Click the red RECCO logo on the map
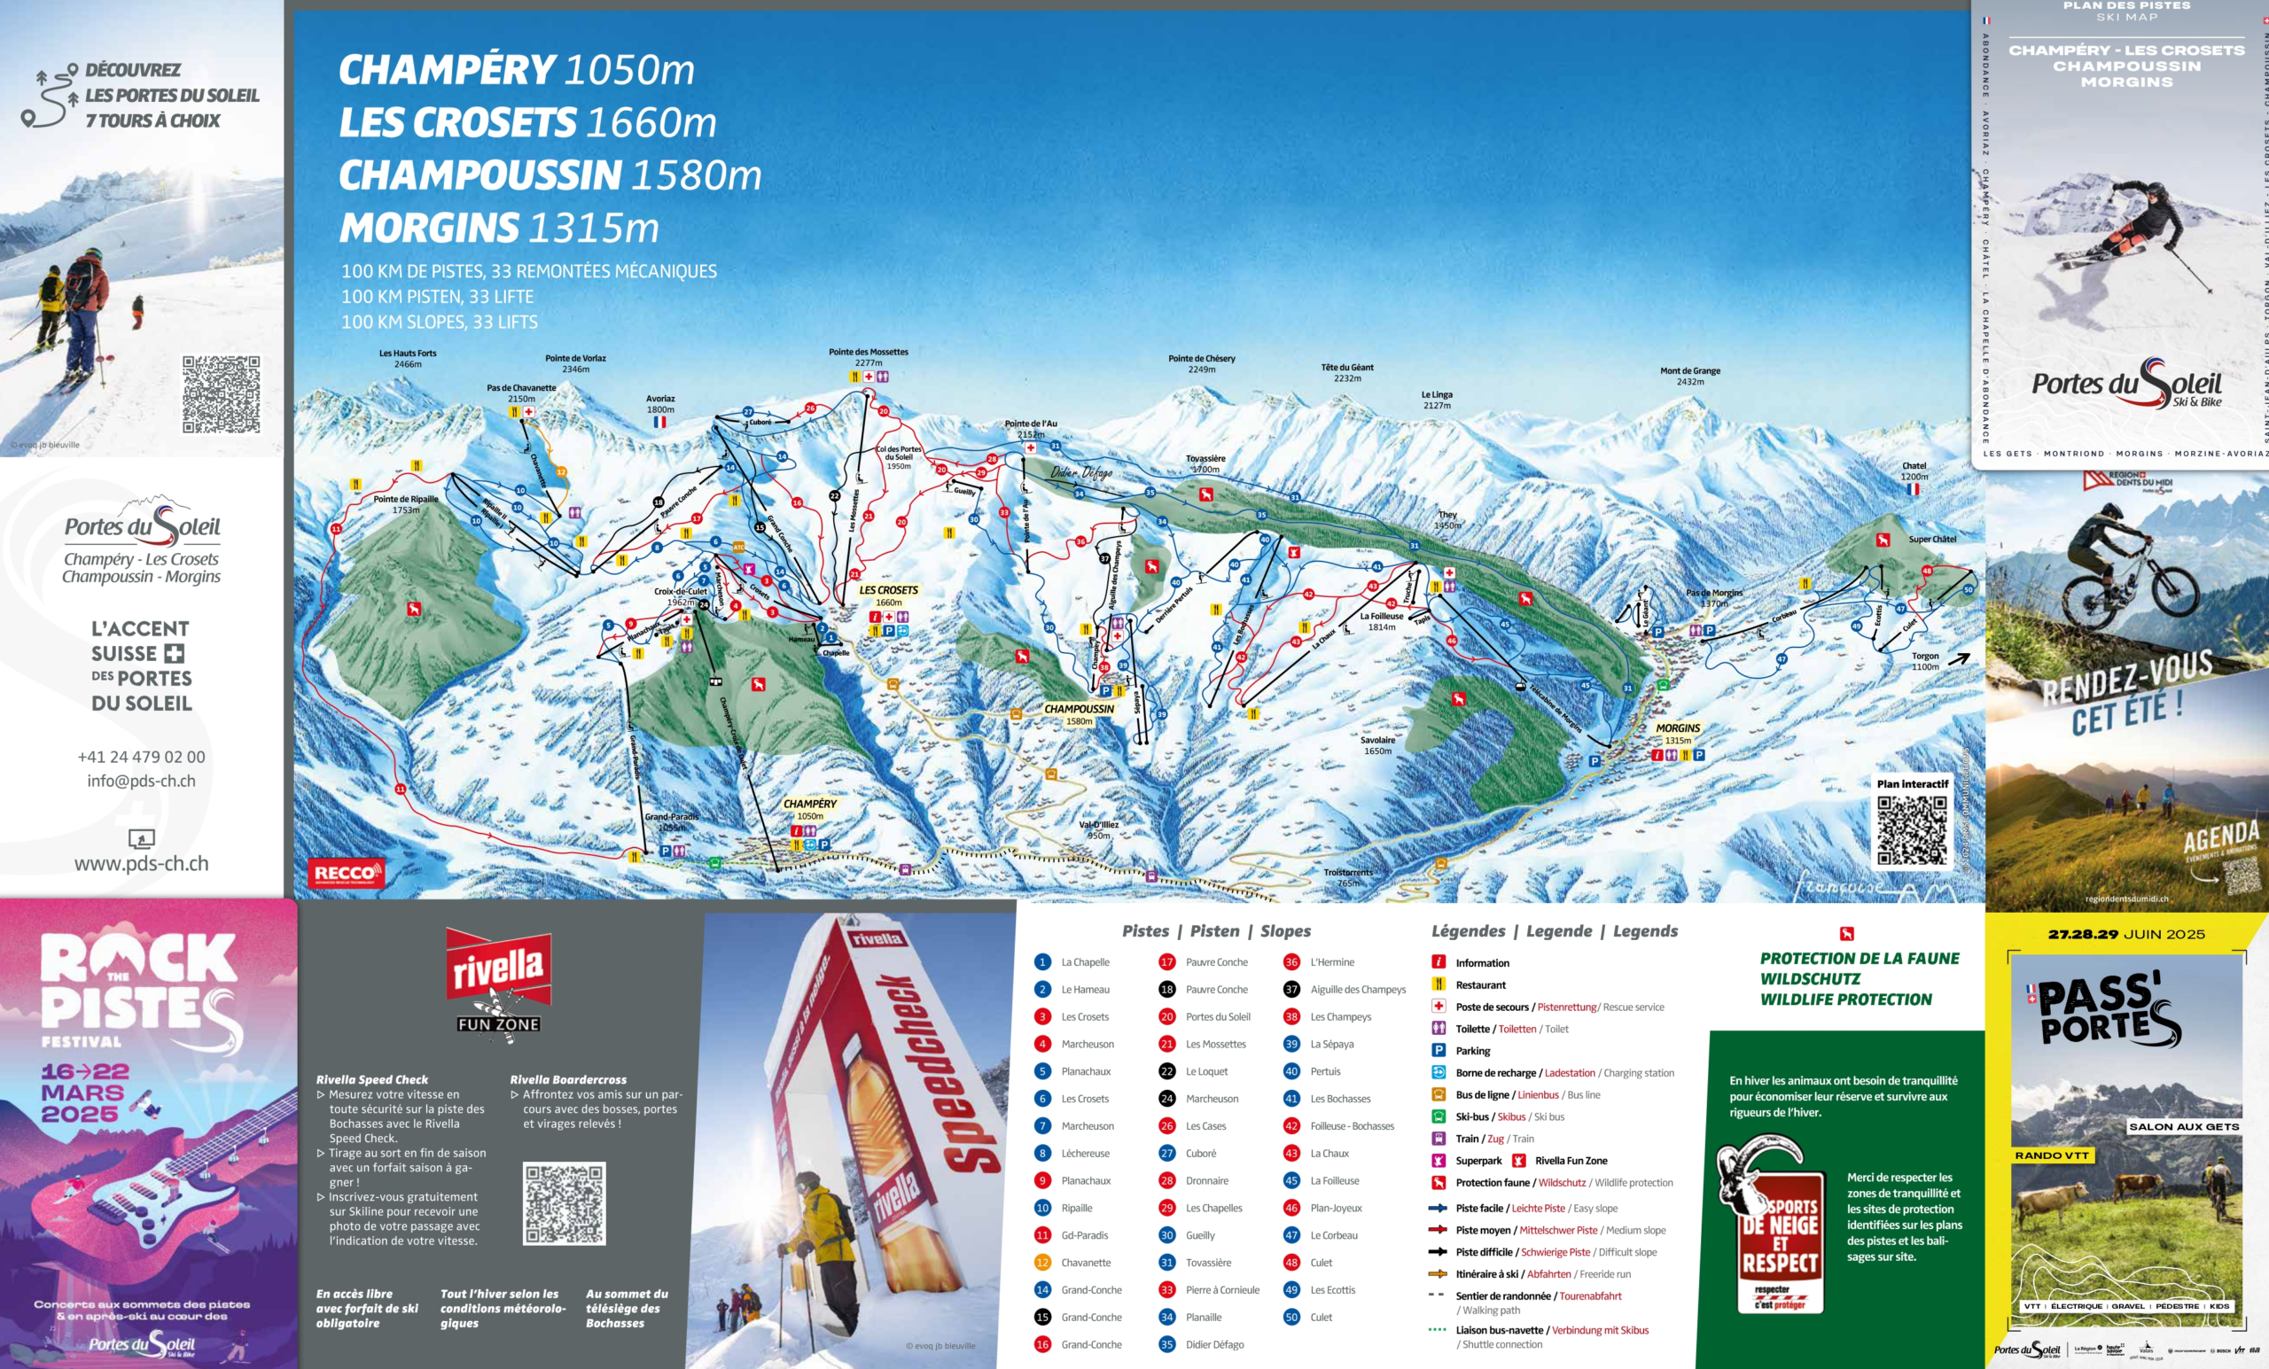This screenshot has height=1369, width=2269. pos(347,872)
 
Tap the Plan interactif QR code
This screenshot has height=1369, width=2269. pos(1912,829)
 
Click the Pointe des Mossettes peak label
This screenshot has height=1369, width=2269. pos(868,357)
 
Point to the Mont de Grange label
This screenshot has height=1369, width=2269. pos(1689,376)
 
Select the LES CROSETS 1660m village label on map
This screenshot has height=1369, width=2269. pos(888,595)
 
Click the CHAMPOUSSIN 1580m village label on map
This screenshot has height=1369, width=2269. pos(1079,714)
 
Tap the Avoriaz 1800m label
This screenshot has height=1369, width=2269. pos(659,403)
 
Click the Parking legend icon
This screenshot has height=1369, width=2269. pos(1438,1051)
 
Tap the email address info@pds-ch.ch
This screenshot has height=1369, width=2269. pos(141,781)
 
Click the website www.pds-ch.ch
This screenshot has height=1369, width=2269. pos(141,864)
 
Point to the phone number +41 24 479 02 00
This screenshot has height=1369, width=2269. pos(141,757)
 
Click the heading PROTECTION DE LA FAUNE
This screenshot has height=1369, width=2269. pos(1860,959)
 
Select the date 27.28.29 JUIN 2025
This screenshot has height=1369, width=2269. pos(2125,934)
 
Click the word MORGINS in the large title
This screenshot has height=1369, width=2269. pos(429,228)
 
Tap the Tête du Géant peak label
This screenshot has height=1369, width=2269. pos(1346,372)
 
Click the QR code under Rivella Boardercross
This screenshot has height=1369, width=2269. pos(564,1203)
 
